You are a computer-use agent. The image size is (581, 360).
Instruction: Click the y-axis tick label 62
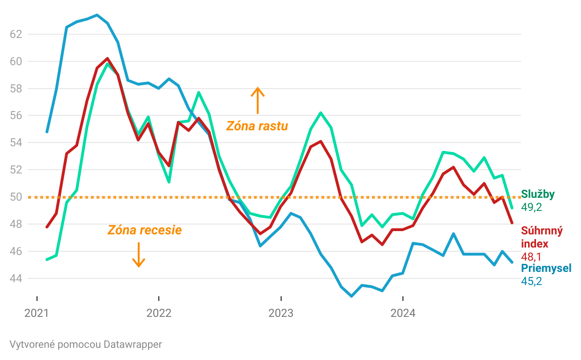(x=16, y=34)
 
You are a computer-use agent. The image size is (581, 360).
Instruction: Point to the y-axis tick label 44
(x=16, y=278)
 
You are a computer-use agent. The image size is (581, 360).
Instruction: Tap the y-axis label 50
(x=16, y=197)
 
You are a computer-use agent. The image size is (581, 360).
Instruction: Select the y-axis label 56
(x=16, y=115)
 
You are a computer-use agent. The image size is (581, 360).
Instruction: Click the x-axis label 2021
(x=37, y=313)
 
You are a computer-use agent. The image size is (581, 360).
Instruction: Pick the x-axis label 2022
(x=159, y=313)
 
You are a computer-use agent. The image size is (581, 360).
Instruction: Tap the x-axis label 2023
(x=281, y=313)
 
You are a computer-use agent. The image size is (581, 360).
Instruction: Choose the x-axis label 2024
(x=403, y=313)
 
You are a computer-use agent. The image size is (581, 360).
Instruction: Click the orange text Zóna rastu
(x=257, y=126)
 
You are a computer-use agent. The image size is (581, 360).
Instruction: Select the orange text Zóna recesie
(x=144, y=230)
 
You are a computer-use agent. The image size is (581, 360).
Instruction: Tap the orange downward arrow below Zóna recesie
(x=138, y=255)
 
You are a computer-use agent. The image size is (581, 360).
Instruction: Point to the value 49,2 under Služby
(x=531, y=207)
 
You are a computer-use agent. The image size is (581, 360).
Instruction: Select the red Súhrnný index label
(x=541, y=237)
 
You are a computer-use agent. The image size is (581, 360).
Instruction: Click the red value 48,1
(x=531, y=256)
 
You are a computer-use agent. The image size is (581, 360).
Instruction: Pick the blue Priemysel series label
(x=546, y=269)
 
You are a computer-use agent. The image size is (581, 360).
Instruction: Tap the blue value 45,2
(x=531, y=281)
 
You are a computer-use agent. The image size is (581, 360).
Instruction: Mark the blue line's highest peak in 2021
(x=97, y=15)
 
